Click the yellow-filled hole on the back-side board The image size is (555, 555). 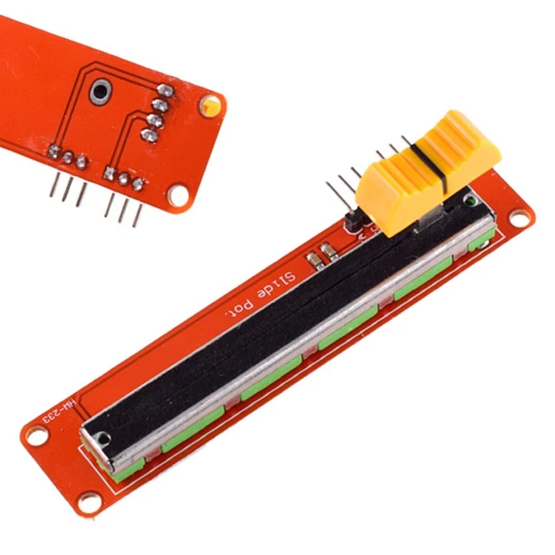[x=209, y=107]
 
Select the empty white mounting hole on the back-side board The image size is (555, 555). [x=178, y=196]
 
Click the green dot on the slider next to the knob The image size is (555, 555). [x=469, y=201]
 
